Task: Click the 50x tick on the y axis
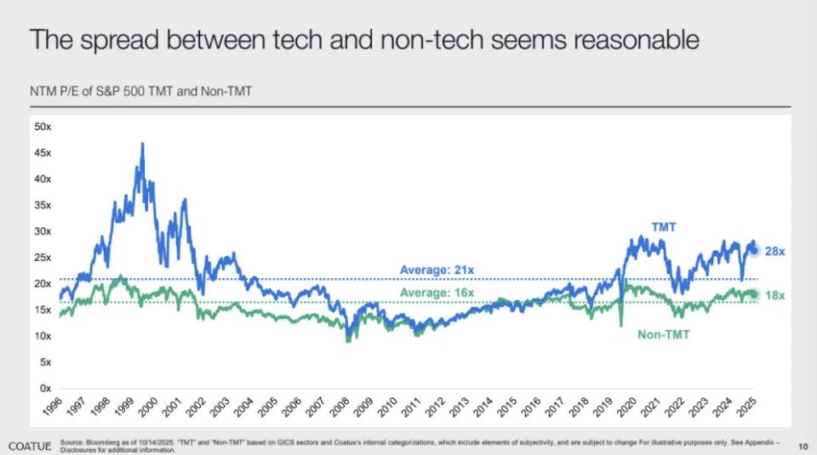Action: (43, 127)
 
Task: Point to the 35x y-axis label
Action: (43, 205)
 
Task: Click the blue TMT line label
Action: (663, 227)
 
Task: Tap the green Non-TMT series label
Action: (663, 335)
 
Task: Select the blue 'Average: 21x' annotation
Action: (437, 270)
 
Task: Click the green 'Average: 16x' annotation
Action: (437, 293)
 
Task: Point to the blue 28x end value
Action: (774, 252)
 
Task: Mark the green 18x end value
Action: (774, 294)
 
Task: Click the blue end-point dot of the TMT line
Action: (754, 250)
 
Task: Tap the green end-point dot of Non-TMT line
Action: (754, 294)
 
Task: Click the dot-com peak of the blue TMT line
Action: (142, 145)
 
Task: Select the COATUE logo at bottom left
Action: (32, 446)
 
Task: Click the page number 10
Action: (803, 446)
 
